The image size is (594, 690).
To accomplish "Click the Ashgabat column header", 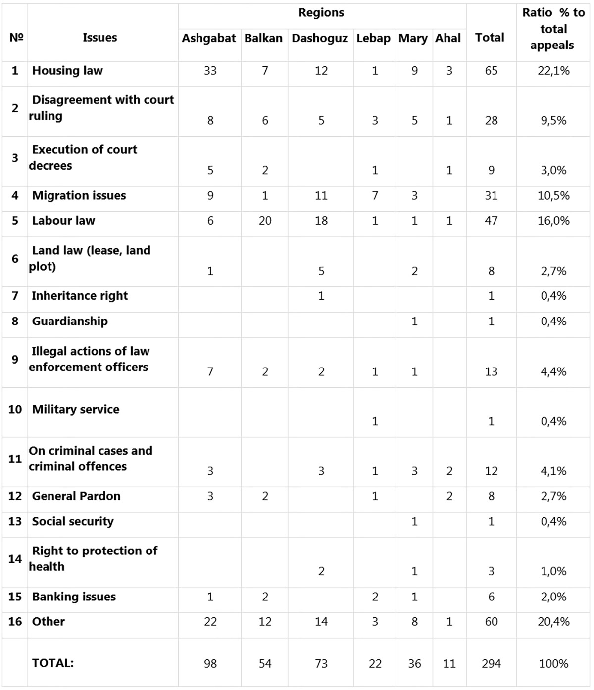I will point(209,39).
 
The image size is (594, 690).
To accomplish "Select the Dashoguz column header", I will point(320,39).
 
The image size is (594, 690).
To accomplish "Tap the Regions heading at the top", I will point(321,13).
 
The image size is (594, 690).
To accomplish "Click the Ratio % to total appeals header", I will point(553,29).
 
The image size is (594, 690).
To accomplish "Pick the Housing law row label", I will point(67,71).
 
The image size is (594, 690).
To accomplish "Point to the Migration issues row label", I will point(79,196).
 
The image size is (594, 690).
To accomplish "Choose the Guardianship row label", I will point(70,322).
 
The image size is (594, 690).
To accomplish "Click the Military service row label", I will point(76,410).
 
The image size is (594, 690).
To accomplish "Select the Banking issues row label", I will point(74,597).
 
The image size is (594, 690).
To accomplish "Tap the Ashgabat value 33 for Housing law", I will point(210,71).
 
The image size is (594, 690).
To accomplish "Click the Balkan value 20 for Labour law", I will point(265,221).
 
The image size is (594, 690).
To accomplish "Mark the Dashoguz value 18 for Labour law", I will point(321,221).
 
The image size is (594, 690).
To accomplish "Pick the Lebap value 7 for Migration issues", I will point(375,196).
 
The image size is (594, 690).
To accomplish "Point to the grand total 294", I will point(491,664).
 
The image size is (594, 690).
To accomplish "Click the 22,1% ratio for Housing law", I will point(553,71).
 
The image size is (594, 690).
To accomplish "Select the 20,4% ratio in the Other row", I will point(553,622).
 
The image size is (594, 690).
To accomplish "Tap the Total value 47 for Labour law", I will point(491,221).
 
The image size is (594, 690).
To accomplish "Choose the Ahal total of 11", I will point(449,664).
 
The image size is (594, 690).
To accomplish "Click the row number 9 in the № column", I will point(15,360).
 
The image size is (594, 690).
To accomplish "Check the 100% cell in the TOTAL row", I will point(553,664).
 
